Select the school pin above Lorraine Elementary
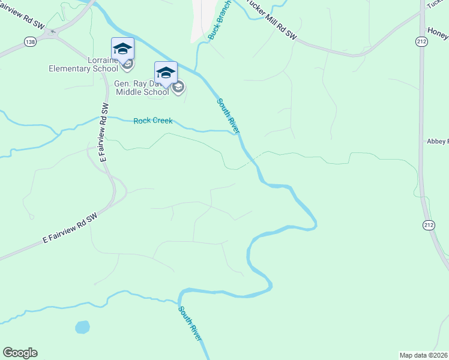122,48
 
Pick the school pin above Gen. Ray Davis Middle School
166,73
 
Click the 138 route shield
30,41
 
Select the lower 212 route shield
428,225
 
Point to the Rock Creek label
152,121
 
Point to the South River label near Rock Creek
228,115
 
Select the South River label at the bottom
190,323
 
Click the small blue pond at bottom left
82,327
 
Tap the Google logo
20,353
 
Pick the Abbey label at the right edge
438,141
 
